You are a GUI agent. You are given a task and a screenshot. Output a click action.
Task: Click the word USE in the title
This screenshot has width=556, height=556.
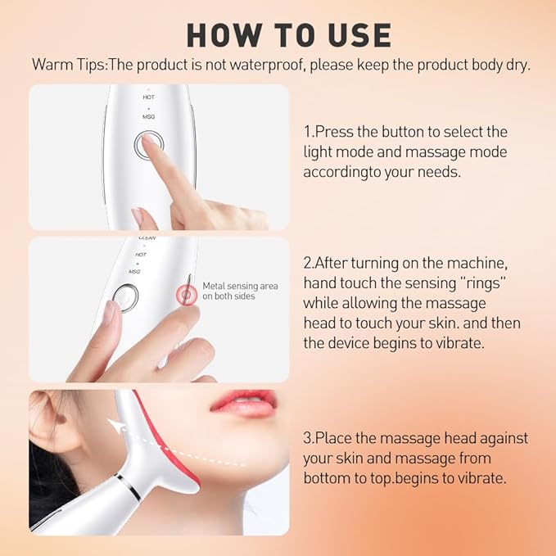(x=356, y=35)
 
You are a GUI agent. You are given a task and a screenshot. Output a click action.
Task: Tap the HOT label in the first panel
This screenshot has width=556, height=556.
(x=148, y=97)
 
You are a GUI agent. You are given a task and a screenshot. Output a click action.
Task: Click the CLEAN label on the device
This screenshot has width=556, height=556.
(x=147, y=238)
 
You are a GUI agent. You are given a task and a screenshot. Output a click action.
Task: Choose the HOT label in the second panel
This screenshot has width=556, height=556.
(x=140, y=255)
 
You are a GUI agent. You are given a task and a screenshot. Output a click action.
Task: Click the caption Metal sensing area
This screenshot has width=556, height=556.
(x=240, y=286)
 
